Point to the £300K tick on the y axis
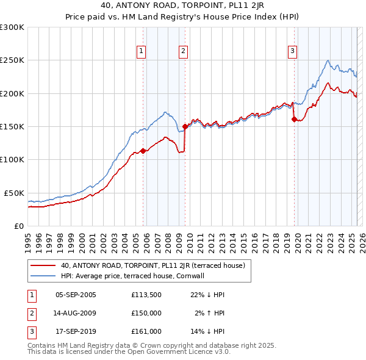12,27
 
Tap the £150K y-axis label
12,127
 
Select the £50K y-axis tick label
14,193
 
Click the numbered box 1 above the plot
141,51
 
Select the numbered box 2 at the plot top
183,51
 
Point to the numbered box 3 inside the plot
293,51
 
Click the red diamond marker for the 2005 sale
143,151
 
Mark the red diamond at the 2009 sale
185,126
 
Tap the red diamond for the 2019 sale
294,120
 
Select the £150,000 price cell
146,313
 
